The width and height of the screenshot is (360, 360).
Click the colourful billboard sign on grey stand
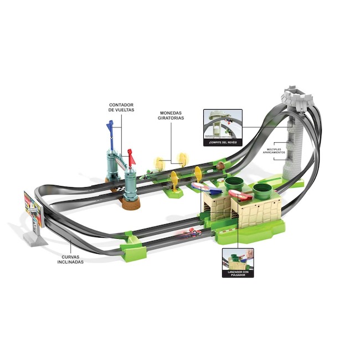32,207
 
